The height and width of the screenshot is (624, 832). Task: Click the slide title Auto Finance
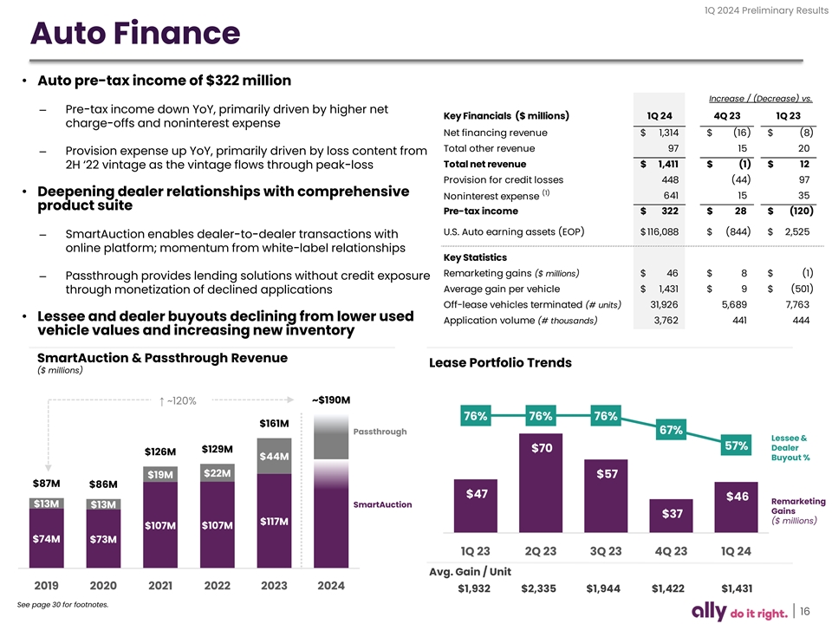point(134,34)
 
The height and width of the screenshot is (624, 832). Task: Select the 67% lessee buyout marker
point(671,430)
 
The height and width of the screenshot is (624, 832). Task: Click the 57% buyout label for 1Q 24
point(736,446)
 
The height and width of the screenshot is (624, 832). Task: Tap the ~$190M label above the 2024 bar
point(330,400)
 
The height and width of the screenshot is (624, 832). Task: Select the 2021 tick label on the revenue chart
point(160,585)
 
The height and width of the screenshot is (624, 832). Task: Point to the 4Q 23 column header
point(725,116)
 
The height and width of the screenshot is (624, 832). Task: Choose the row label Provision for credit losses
point(503,179)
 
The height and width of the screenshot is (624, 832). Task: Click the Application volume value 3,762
point(658,321)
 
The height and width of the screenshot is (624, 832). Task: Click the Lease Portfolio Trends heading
point(500,363)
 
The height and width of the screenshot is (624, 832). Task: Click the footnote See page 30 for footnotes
point(68,604)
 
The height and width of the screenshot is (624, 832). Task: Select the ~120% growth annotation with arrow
point(179,400)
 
